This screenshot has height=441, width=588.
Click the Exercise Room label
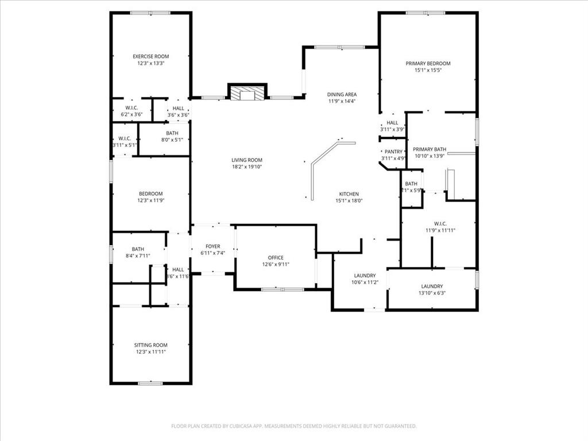coord(150,56)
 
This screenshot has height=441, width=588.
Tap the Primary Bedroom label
coord(428,63)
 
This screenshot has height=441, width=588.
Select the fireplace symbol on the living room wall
coord(247,94)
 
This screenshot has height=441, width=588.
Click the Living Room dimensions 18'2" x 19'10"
coord(247,167)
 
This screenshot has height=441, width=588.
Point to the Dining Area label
coord(342,94)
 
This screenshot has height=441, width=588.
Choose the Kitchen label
coord(349,194)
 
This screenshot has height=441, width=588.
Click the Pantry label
coord(393,152)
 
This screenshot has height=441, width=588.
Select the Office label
coord(276,258)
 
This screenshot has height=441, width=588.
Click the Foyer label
coord(212,246)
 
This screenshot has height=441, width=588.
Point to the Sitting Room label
coord(150,345)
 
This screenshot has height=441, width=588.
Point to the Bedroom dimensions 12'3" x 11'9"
coord(150,200)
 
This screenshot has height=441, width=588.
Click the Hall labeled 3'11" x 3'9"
coord(392,129)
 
